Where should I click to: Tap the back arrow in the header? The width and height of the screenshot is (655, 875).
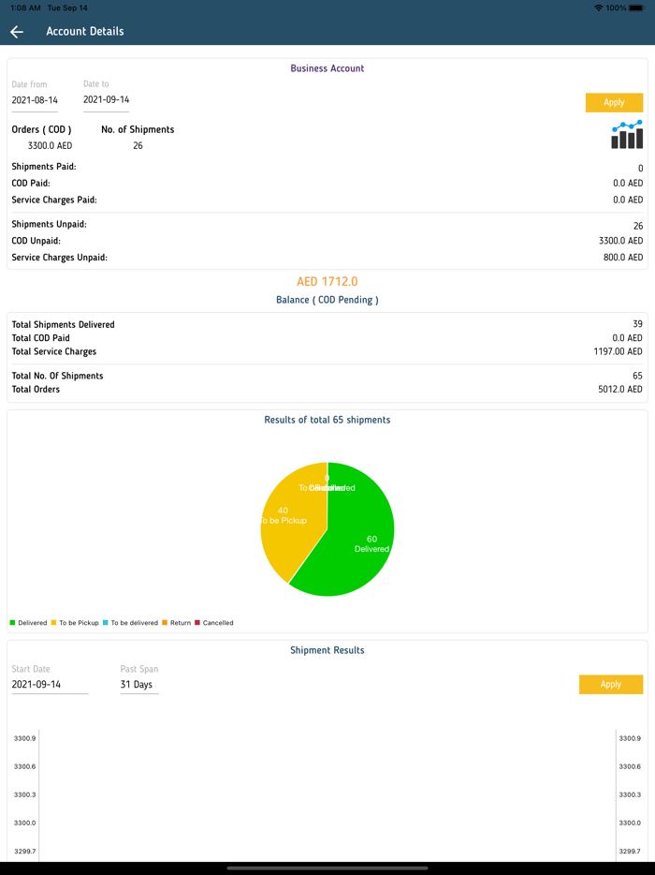point(17,32)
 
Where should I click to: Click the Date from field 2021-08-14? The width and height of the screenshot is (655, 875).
point(35,100)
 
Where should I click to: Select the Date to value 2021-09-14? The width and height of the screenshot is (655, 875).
point(106,99)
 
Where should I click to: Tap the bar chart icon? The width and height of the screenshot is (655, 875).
point(627,135)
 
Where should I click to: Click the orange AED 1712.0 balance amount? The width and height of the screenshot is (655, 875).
point(327,281)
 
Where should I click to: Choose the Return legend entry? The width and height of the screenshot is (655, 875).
point(177,623)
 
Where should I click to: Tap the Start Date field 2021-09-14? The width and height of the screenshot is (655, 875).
point(49,685)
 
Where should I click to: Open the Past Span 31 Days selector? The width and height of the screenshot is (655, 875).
point(138,685)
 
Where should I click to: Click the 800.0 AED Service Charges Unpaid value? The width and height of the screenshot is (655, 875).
point(622,258)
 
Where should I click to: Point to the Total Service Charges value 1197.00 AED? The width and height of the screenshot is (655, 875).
point(617,352)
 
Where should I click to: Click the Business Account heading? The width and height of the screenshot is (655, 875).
point(327,68)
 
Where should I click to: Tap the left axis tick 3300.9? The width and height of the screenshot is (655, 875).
point(24,738)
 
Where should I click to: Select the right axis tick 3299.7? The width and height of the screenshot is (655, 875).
point(630,852)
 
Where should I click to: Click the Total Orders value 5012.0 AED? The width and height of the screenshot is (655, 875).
point(620,390)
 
